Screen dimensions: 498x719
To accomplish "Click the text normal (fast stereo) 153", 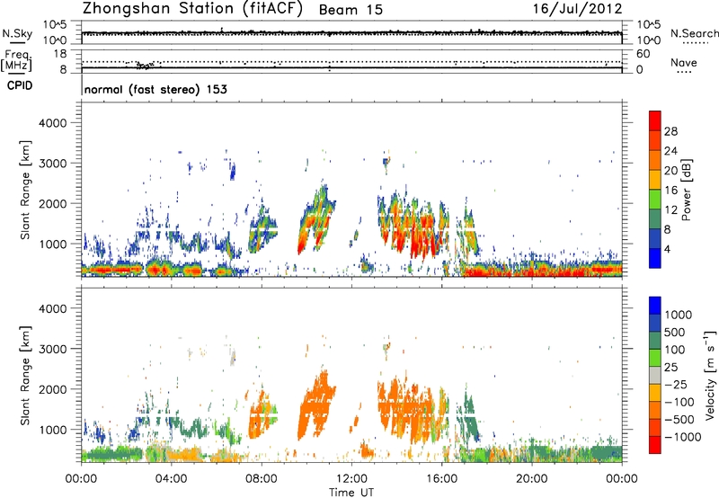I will click(x=155, y=90).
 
